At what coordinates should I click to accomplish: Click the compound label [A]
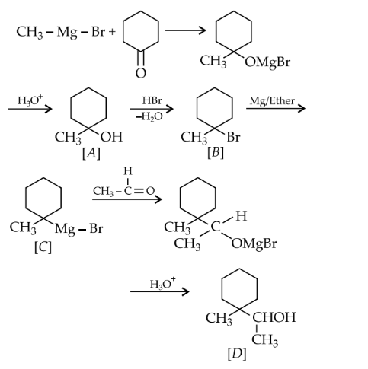click(91, 154)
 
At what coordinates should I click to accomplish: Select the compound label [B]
click(216, 153)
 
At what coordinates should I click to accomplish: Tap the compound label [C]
click(43, 247)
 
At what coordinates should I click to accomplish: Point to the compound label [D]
click(237, 354)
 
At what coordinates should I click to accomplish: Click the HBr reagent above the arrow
click(152, 100)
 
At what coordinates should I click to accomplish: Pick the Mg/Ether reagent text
click(272, 101)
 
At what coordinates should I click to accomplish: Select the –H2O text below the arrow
click(149, 116)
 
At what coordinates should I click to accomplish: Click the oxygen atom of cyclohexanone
click(141, 73)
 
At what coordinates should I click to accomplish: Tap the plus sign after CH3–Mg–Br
click(112, 32)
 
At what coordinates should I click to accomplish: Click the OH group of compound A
click(111, 137)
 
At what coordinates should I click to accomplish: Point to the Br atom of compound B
click(233, 137)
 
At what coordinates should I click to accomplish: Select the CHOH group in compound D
click(274, 317)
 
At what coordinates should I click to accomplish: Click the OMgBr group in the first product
click(267, 62)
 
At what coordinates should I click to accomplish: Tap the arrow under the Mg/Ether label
click(276, 109)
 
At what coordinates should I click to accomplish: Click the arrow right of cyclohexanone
click(185, 30)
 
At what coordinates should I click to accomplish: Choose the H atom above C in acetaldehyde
click(128, 171)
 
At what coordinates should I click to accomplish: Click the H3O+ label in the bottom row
click(162, 284)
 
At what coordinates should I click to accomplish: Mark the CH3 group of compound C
click(23, 227)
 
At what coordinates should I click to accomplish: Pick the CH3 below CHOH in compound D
click(265, 340)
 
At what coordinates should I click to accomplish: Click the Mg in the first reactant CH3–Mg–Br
click(67, 33)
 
